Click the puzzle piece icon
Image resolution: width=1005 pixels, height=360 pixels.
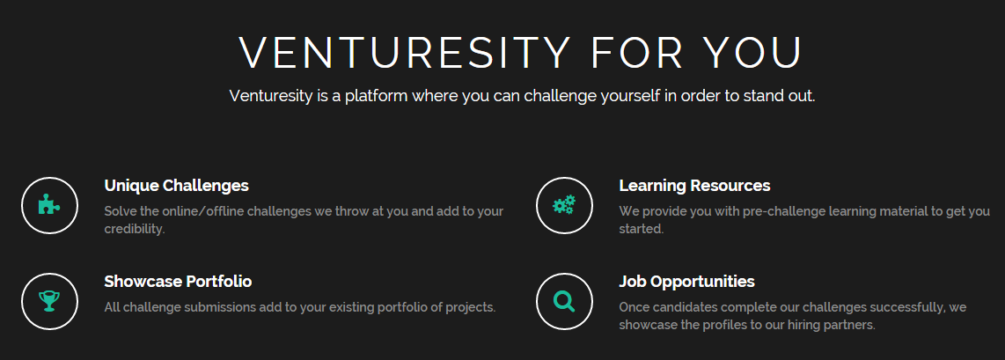pos(50,206)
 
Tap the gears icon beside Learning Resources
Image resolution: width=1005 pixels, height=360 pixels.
pos(564,205)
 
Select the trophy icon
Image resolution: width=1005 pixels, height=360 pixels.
pos(49,301)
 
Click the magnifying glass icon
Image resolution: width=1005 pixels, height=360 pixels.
pos(564,301)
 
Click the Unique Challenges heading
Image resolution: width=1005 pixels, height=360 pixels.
pos(176,186)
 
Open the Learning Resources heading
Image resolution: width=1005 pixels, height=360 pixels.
pos(694,186)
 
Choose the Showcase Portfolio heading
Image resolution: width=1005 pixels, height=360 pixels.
pos(178,282)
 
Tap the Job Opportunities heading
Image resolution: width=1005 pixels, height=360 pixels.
pos(687,282)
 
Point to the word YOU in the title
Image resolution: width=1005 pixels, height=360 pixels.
pos(752,53)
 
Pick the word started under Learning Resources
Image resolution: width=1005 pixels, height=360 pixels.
pos(642,229)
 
